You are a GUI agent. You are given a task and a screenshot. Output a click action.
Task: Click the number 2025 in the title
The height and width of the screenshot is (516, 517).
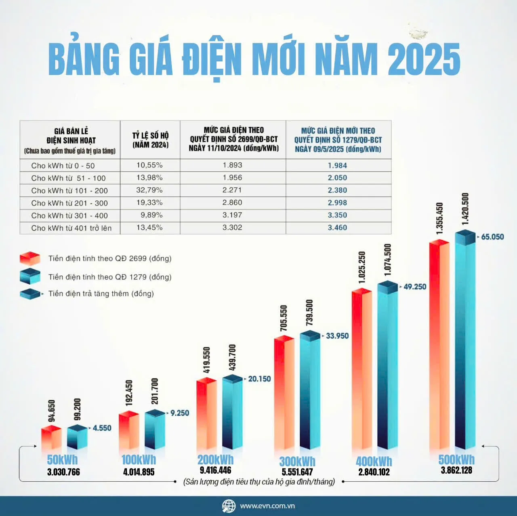click(424, 59)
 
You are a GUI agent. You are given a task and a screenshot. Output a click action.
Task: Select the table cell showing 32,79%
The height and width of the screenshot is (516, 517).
click(149, 190)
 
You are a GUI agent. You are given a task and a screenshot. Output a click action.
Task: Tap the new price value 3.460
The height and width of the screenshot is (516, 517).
click(337, 228)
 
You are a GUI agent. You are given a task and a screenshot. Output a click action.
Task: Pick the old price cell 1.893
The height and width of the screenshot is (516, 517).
click(232, 165)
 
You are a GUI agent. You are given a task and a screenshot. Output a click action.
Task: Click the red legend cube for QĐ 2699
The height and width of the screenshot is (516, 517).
click(30, 258)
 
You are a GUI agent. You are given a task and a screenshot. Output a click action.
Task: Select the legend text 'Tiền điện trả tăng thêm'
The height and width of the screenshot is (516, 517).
click(101, 294)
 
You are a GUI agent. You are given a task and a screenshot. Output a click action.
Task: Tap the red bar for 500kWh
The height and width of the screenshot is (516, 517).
click(439, 347)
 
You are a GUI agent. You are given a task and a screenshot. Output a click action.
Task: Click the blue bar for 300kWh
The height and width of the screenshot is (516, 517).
click(310, 392)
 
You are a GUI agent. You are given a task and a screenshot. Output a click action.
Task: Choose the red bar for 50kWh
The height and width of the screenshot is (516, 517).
click(51, 438)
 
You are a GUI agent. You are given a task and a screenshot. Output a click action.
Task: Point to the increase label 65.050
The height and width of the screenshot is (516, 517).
click(492, 237)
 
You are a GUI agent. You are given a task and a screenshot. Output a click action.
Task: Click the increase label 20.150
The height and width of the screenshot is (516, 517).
click(259, 379)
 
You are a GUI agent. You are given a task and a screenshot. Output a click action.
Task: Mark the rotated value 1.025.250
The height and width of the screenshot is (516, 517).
click(362, 267)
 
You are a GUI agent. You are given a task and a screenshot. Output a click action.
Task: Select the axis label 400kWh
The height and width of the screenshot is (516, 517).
click(374, 461)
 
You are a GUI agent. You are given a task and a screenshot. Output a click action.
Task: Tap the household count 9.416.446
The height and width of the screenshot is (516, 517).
click(215, 470)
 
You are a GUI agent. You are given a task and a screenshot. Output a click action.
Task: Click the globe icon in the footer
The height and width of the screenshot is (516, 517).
click(229, 506)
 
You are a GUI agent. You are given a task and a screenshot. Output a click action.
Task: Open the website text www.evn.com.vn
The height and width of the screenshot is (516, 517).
click(267, 506)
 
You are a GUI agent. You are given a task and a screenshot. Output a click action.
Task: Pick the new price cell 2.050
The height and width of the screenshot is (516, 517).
click(337, 178)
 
